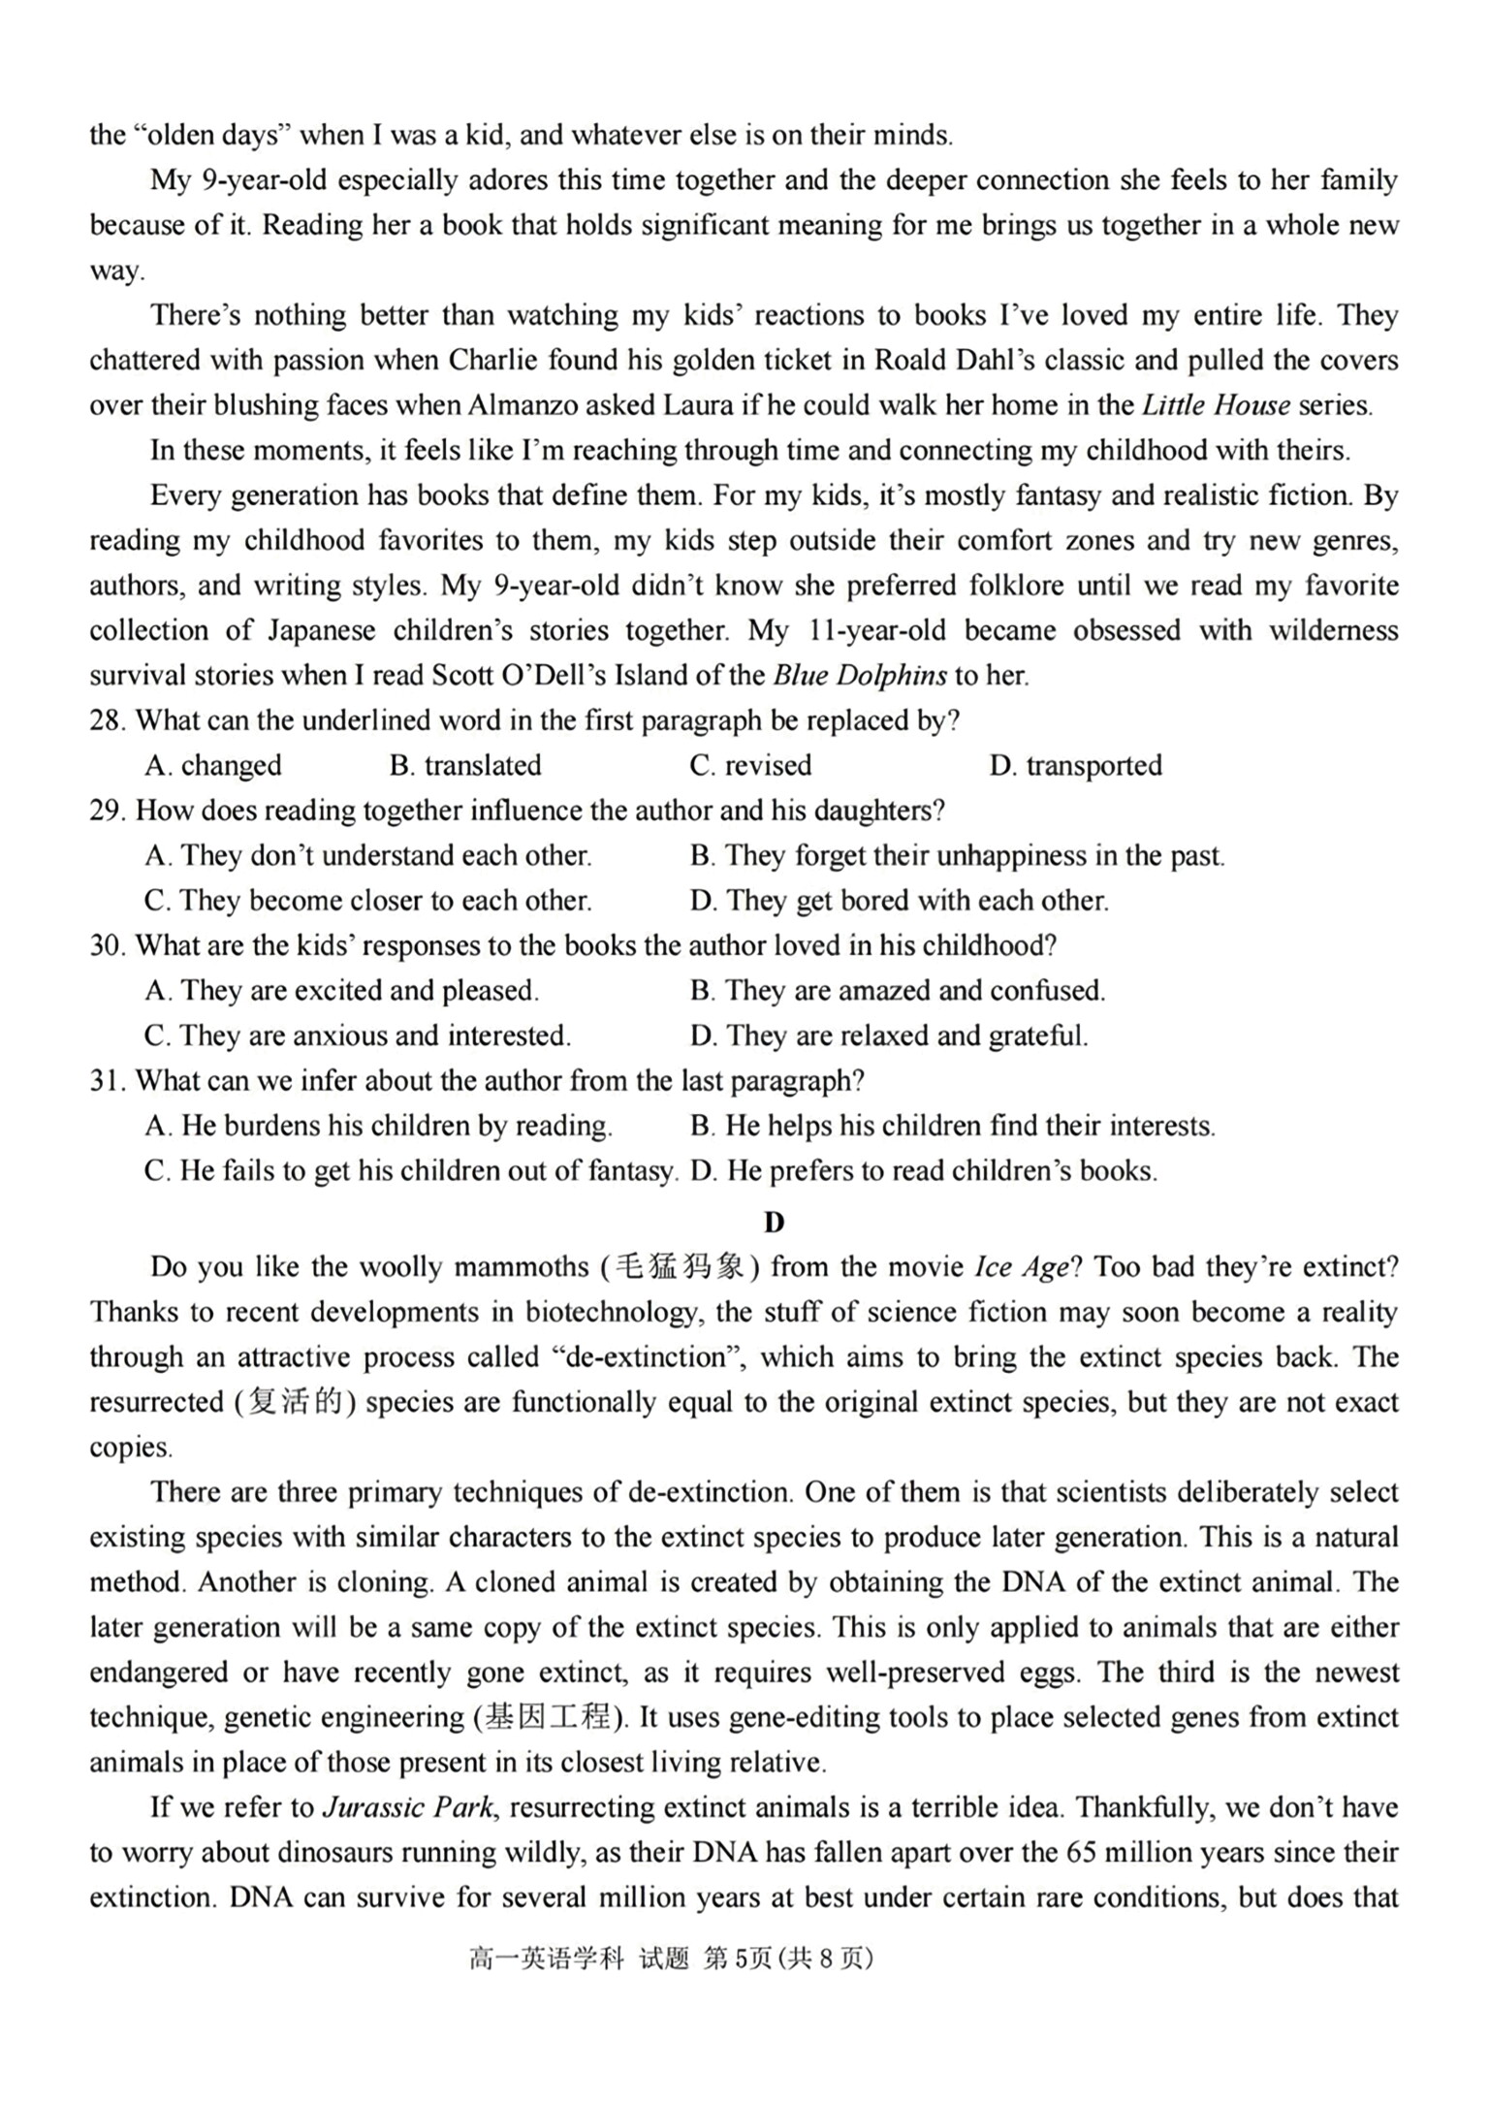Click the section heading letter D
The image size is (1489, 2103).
(773, 1223)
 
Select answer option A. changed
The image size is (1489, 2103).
(213, 766)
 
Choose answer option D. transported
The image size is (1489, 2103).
(1075, 766)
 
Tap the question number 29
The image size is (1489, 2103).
(108, 811)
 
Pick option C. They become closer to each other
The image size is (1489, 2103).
(367, 901)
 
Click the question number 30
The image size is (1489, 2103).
(108, 945)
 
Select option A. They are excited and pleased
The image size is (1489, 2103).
(341, 991)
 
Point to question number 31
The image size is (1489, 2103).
(108, 1080)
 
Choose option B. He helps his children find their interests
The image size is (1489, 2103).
(952, 1126)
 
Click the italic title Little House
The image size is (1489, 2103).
(1216, 405)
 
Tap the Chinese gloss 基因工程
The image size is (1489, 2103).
(550, 1718)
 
